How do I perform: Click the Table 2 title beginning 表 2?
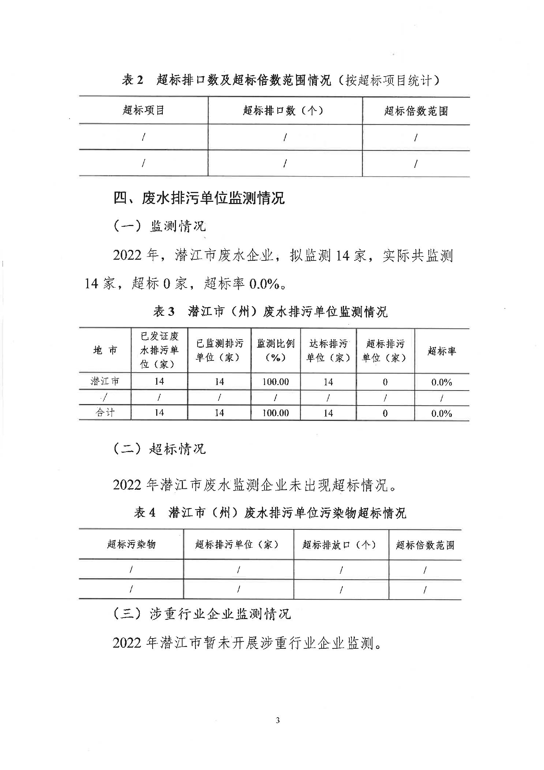click(x=280, y=80)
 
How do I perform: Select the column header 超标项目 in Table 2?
click(x=143, y=110)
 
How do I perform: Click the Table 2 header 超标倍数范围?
click(x=416, y=111)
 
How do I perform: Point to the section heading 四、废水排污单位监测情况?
click(x=199, y=198)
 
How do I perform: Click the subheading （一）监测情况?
click(x=160, y=226)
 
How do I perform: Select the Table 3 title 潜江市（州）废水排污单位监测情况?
click(x=270, y=312)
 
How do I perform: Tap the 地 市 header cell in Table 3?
click(x=105, y=351)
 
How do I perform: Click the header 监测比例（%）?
click(x=275, y=351)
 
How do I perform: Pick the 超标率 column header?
click(x=442, y=351)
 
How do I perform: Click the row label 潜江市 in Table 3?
click(x=105, y=381)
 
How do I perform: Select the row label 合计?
click(x=105, y=412)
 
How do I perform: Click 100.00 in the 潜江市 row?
click(x=275, y=382)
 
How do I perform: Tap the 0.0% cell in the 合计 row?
click(x=442, y=413)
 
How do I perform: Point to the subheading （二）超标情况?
click(x=160, y=448)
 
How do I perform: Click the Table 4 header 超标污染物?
click(x=131, y=544)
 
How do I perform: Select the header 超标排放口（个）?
click(x=339, y=545)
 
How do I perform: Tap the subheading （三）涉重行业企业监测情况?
click(x=202, y=614)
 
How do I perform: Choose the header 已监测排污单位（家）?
click(x=219, y=351)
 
